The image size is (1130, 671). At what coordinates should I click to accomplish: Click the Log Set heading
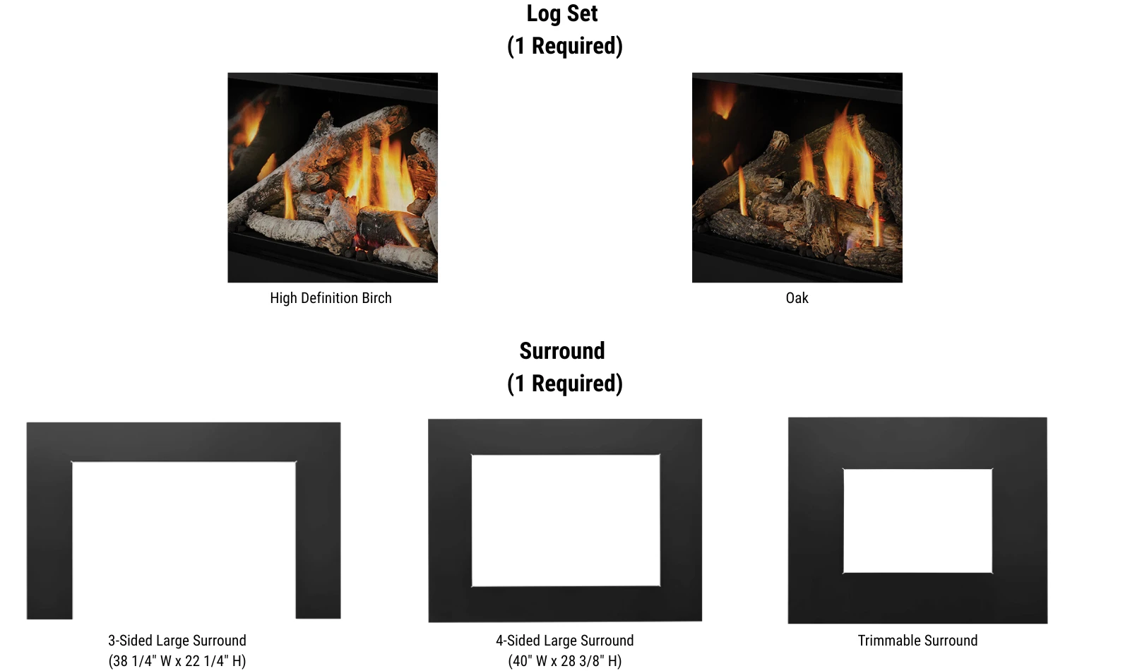coord(562,13)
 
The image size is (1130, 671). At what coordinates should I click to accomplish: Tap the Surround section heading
coord(562,351)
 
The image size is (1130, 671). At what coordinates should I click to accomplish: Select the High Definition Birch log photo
coord(333,177)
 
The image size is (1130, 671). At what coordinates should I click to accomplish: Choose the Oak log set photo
coord(797,177)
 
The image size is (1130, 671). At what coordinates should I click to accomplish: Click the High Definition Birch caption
coord(331,298)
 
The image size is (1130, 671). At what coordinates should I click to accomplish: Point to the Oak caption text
coord(797,298)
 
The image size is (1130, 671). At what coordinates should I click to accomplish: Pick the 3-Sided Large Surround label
coord(177,641)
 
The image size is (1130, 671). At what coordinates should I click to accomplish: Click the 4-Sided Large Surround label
coord(564,641)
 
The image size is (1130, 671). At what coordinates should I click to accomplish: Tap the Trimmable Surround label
coord(917,641)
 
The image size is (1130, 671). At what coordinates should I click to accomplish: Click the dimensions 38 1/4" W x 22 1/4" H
coord(177,661)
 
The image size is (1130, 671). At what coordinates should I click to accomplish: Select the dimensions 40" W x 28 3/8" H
coord(564,661)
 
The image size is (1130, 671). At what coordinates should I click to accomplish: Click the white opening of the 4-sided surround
coord(566,521)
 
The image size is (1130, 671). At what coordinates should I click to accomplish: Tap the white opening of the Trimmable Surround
coord(917,521)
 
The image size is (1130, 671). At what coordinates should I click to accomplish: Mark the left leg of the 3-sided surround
coord(49,540)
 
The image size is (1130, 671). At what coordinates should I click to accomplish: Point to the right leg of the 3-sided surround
coord(319,540)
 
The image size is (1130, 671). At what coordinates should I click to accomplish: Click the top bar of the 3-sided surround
coord(184,442)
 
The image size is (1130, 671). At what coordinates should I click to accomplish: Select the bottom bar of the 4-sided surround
coord(566,604)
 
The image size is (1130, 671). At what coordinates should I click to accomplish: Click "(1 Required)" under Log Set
coord(565,46)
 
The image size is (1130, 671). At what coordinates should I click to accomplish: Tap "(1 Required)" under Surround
coord(565,384)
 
